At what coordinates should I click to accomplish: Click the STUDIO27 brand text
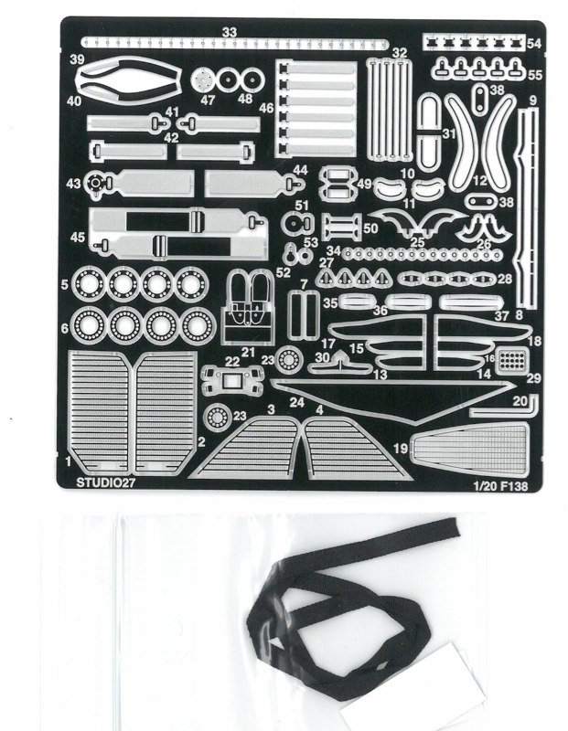pyautogui.click(x=105, y=482)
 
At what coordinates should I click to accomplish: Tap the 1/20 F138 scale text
pyautogui.click(x=500, y=486)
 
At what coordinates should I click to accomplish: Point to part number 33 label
pyautogui.click(x=230, y=32)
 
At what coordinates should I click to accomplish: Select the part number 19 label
pyautogui.click(x=401, y=449)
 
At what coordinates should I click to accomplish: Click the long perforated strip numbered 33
pyautogui.click(x=234, y=43)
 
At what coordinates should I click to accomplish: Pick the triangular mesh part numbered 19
pyautogui.click(x=469, y=448)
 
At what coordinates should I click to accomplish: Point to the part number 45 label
pyautogui.click(x=78, y=237)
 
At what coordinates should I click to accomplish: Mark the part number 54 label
pyautogui.click(x=534, y=44)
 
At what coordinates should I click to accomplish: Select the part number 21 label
pyautogui.click(x=247, y=353)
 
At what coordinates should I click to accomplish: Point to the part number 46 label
pyautogui.click(x=266, y=108)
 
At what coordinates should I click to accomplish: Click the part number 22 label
pyautogui.click(x=232, y=361)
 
